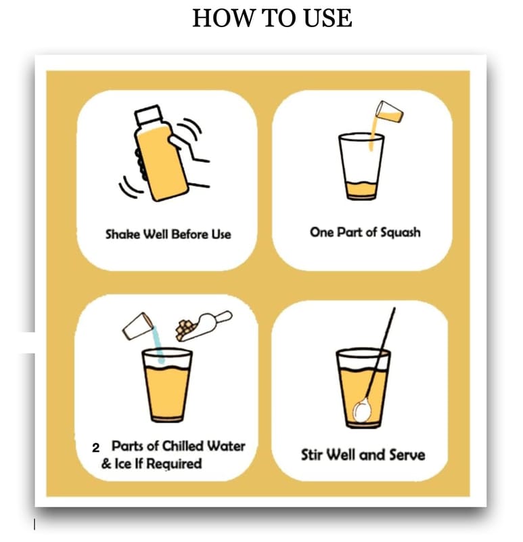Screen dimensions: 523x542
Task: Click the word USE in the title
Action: point(327,18)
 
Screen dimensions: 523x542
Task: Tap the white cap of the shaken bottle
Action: point(147,114)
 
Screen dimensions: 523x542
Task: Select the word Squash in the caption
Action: point(400,232)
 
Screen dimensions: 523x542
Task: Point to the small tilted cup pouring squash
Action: point(389,112)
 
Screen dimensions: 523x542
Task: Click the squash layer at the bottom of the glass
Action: point(361,190)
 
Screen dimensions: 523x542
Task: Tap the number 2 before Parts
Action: point(95,448)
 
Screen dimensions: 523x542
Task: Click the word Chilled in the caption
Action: point(183,446)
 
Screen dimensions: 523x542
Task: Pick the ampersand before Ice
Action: point(106,464)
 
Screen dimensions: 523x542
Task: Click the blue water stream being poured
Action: point(158,344)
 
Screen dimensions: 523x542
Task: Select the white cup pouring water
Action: point(138,326)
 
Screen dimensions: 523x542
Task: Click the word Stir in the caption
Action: point(312,455)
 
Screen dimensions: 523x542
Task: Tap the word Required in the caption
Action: point(174,464)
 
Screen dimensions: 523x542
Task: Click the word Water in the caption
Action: point(226,446)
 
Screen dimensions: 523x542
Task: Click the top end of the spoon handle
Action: point(394,308)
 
